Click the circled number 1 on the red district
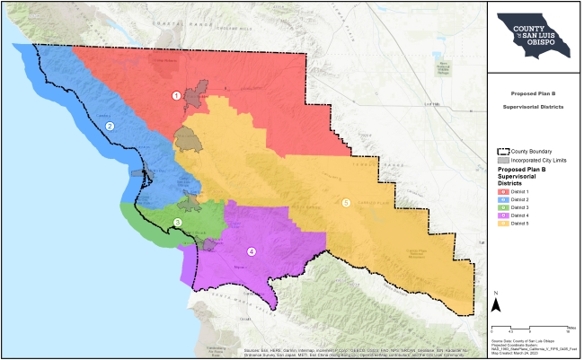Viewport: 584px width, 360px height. [177, 95]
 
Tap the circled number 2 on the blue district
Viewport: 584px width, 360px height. [110, 127]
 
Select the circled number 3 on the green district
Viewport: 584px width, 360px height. [178, 223]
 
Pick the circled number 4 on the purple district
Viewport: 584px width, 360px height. [252, 251]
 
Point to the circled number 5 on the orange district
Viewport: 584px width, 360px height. [346, 203]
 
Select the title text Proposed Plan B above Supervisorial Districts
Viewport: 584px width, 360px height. [535, 92]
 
